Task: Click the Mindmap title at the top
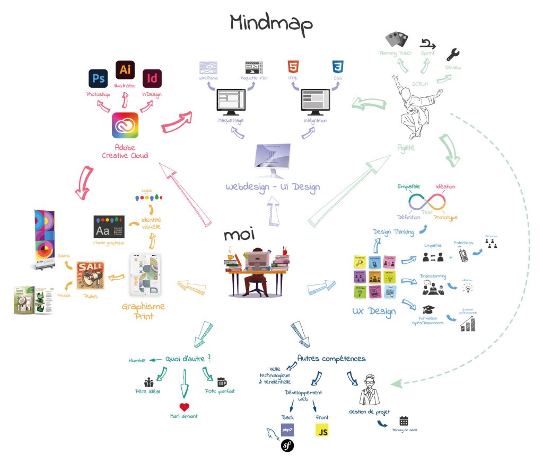271,22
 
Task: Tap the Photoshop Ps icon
99,79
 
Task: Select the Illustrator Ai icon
125,70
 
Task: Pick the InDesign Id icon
152,79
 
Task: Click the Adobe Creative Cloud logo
125,125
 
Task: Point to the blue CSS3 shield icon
338,67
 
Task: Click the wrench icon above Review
453,55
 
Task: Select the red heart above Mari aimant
184,407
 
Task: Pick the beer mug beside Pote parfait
222,382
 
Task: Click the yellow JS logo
322,430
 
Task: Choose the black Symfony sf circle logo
287,445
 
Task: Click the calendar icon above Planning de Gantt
404,421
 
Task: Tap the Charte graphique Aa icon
109,226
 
